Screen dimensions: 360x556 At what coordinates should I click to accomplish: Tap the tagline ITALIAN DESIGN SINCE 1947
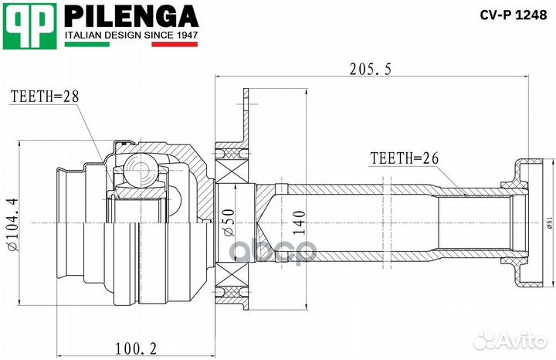[131, 36]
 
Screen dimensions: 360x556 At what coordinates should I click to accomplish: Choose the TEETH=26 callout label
[404, 158]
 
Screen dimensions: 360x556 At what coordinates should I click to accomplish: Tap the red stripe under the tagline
[175, 45]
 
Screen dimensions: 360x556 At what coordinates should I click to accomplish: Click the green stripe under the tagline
[86, 45]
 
